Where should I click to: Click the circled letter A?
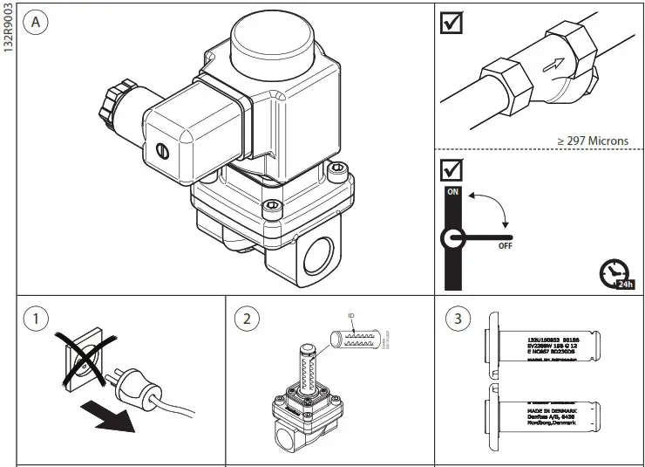[36, 23]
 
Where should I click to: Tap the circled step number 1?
[36, 319]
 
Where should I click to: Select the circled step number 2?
[247, 319]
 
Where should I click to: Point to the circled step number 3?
[457, 319]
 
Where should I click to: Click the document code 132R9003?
[8, 30]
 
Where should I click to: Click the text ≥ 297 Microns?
[593, 141]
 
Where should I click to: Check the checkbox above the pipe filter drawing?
[452, 24]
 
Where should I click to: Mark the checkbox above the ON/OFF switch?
[452, 168]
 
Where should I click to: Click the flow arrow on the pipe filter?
[553, 64]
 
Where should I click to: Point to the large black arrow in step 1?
[107, 415]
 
